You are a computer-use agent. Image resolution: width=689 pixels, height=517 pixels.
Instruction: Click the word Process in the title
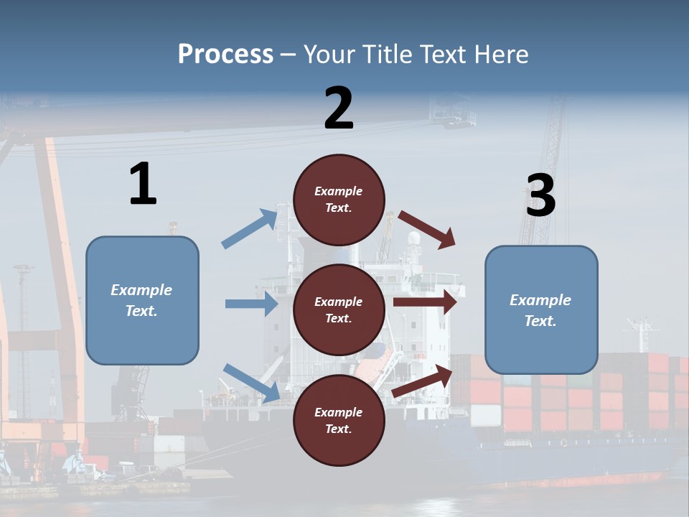tap(225, 55)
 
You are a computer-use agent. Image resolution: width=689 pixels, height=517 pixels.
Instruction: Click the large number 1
tap(142, 184)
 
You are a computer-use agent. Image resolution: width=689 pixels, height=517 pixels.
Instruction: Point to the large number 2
tap(339, 108)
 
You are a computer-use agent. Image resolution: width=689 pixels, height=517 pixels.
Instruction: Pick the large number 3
tap(540, 196)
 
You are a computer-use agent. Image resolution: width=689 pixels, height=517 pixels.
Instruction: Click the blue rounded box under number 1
tap(142, 300)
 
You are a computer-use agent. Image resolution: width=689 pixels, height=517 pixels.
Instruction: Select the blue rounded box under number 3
tap(541, 310)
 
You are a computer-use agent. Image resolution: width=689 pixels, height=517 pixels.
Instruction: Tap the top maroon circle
tap(339, 200)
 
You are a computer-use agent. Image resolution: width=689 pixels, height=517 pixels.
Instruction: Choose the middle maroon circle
tap(339, 309)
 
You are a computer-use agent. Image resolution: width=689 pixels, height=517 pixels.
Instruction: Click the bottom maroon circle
tap(339, 420)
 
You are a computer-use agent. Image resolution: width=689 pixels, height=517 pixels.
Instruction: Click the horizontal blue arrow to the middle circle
tap(252, 304)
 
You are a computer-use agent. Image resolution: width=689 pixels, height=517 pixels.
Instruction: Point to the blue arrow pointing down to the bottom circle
tap(252, 383)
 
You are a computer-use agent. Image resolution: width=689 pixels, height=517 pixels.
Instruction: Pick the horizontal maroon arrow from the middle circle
tap(425, 302)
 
